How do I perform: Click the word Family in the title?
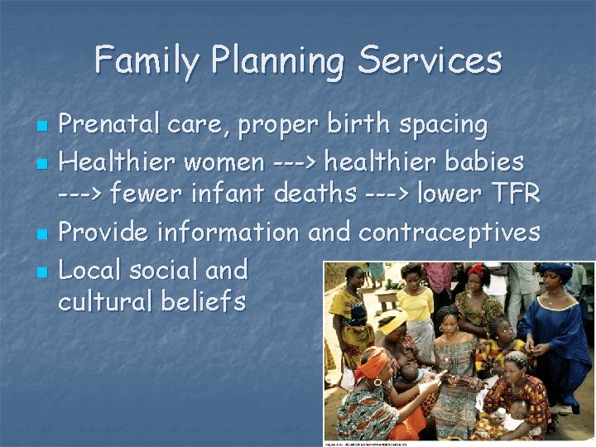coord(146,60)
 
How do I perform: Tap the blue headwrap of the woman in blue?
coord(556,272)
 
